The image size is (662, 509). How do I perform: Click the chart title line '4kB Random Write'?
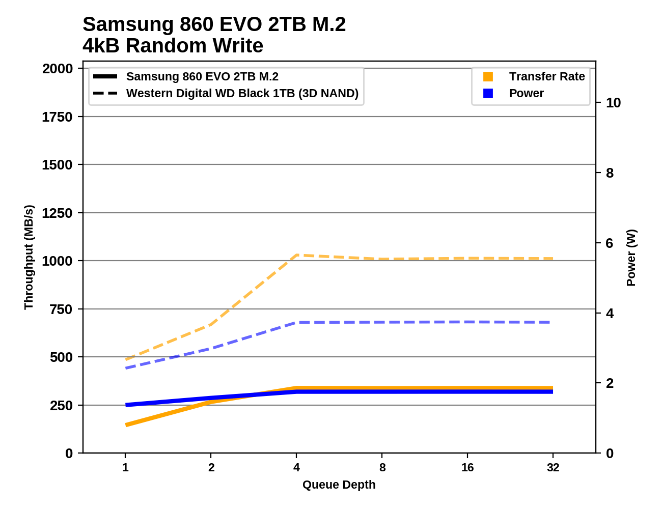pyautogui.click(x=173, y=46)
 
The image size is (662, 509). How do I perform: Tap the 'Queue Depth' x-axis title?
pyautogui.click(x=339, y=485)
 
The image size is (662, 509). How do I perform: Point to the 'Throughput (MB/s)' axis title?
pyautogui.click(x=29, y=257)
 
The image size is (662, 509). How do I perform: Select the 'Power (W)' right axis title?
pyautogui.click(x=631, y=258)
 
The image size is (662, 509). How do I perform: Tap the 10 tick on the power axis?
pyautogui.click(x=613, y=103)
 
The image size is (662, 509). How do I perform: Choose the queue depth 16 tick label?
pyautogui.click(x=467, y=467)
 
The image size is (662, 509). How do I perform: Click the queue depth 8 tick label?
pyautogui.click(x=382, y=467)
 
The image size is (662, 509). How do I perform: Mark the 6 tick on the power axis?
pyautogui.click(x=610, y=243)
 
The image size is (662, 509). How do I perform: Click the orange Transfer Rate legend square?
pyautogui.click(x=488, y=77)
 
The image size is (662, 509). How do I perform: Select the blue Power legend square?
pyautogui.click(x=488, y=94)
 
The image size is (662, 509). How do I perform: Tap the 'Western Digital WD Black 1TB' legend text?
pyautogui.click(x=242, y=94)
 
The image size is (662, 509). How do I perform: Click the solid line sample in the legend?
pyautogui.click(x=105, y=77)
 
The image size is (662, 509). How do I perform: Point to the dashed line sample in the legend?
pyautogui.click(x=105, y=94)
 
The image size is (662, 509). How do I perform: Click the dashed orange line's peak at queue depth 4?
pyautogui.click(x=297, y=255)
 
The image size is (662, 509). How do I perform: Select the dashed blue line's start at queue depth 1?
pyautogui.click(x=126, y=367)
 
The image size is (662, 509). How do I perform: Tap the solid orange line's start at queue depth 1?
pyautogui.click(x=126, y=425)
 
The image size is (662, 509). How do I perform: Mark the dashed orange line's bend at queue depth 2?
pyautogui.click(x=211, y=325)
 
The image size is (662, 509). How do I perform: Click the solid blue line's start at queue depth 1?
pyautogui.click(x=126, y=405)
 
